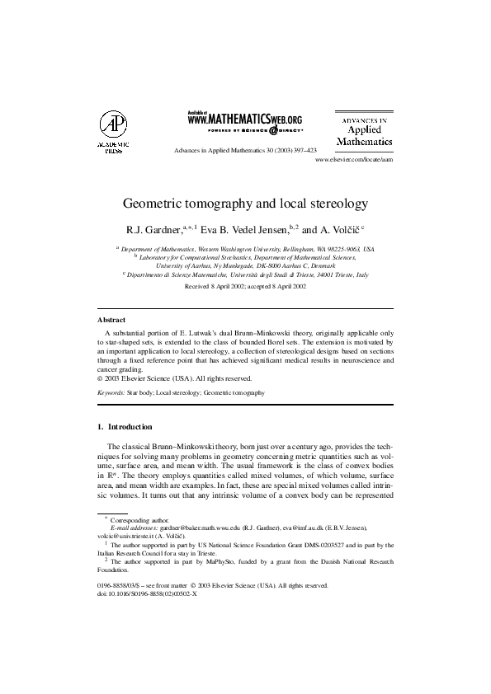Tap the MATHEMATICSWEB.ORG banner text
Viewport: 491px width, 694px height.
click(245, 120)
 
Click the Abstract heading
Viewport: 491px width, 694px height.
click(111, 318)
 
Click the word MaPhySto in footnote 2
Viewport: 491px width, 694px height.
click(221, 561)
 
